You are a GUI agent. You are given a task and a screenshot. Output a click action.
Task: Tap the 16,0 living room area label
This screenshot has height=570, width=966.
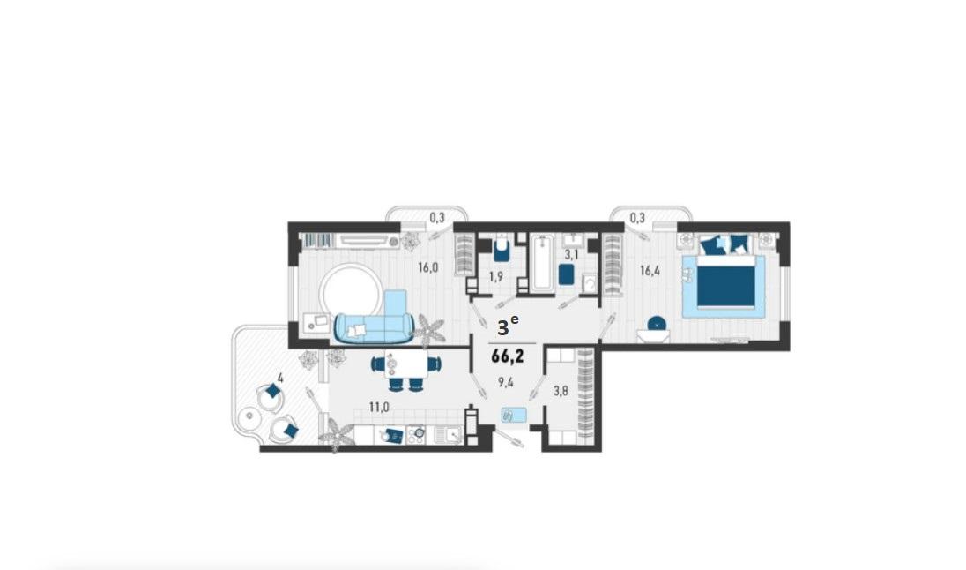point(427,267)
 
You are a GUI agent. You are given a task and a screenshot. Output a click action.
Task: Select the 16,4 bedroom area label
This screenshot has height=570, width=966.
point(650,270)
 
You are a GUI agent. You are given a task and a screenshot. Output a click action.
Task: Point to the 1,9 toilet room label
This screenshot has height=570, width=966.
point(496,276)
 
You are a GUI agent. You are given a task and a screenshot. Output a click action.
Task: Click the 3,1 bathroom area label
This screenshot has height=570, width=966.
point(572,253)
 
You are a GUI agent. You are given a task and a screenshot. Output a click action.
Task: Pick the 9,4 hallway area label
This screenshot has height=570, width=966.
point(506,382)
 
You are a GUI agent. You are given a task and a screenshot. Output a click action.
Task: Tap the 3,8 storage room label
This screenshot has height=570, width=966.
point(561,391)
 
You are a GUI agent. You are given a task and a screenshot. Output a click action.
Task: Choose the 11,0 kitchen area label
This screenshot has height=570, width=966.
point(379,407)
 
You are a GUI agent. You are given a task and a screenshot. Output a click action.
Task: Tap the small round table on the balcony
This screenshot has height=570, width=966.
point(249,416)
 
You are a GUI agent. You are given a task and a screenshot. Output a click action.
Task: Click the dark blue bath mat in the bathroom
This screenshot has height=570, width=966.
point(566,274)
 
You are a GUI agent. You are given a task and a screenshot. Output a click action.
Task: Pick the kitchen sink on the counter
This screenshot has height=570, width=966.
point(449,435)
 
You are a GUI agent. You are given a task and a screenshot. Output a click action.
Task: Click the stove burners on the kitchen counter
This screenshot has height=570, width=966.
point(416,435)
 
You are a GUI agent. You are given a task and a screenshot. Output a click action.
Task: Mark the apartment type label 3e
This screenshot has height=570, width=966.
point(508,326)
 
